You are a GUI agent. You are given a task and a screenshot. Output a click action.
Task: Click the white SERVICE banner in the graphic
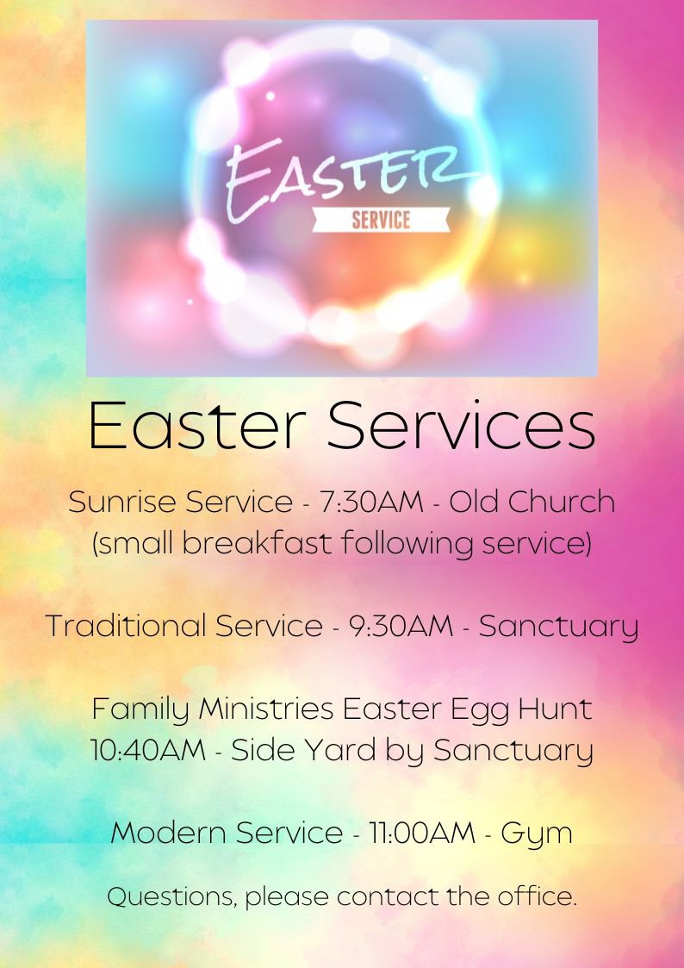click(381, 220)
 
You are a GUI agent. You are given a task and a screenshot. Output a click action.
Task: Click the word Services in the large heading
click(461, 425)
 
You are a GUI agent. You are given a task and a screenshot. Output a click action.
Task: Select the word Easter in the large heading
click(197, 425)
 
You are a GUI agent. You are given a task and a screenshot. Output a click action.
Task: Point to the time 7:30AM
click(371, 502)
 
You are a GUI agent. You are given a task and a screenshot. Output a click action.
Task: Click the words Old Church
click(532, 502)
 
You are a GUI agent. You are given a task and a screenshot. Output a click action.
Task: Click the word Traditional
click(125, 626)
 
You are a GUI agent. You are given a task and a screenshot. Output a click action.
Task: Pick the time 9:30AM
click(401, 626)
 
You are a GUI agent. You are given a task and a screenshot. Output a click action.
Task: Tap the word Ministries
click(266, 709)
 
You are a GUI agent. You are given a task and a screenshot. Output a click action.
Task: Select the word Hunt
click(555, 709)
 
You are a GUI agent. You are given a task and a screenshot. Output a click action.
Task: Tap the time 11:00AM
click(422, 833)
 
